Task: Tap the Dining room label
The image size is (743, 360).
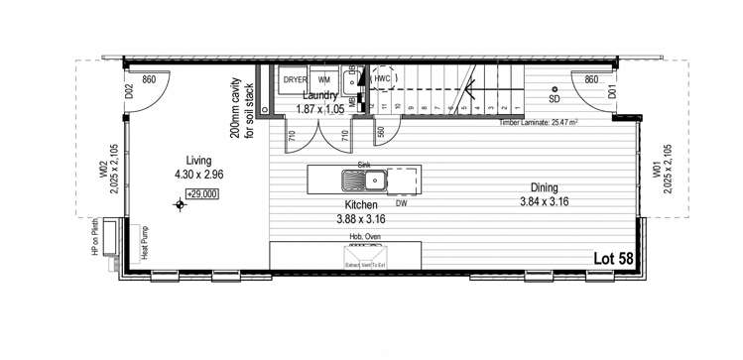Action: click(x=543, y=186)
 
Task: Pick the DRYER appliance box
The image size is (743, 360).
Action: click(x=295, y=78)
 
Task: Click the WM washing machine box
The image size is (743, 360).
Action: click(x=323, y=78)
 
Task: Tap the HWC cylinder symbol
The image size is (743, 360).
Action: click(x=384, y=77)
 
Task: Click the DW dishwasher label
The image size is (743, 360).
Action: click(x=401, y=203)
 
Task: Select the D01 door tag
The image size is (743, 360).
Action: click(x=612, y=92)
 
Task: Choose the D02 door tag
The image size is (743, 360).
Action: click(x=129, y=92)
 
